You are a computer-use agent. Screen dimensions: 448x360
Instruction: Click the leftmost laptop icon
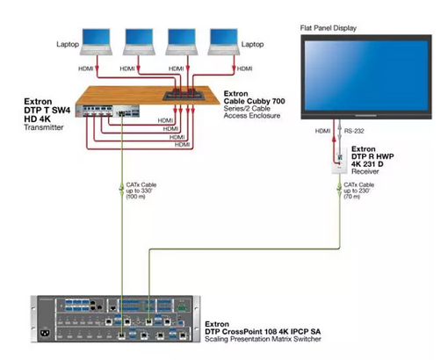click(96, 42)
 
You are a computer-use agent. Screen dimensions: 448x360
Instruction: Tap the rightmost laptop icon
click(224, 42)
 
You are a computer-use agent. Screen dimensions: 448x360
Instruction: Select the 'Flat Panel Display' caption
click(329, 28)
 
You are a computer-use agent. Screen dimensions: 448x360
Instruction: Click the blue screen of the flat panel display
click(366, 76)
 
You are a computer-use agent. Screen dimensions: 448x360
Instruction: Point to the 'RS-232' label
click(354, 131)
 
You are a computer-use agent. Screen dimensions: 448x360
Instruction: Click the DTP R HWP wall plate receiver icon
click(339, 162)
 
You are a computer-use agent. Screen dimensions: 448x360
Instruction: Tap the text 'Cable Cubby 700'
click(254, 101)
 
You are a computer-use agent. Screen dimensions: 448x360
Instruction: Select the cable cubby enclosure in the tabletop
click(184, 96)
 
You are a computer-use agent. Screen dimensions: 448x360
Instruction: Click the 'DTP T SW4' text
click(47, 111)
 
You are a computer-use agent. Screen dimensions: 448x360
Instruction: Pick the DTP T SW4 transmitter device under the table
click(107, 111)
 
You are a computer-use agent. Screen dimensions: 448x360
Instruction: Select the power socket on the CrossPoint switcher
click(47, 333)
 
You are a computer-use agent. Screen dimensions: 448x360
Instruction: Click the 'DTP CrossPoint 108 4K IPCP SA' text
click(263, 332)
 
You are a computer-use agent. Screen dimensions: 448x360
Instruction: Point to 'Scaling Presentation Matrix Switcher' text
click(263, 339)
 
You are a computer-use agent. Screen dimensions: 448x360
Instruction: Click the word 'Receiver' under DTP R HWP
click(365, 171)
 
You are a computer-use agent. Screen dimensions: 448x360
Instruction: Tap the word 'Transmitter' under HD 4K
click(44, 127)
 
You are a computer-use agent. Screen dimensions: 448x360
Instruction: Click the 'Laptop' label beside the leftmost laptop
click(68, 44)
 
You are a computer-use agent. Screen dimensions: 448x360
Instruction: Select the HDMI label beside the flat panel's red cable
click(322, 131)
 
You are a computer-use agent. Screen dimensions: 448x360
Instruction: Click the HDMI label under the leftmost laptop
click(86, 68)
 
